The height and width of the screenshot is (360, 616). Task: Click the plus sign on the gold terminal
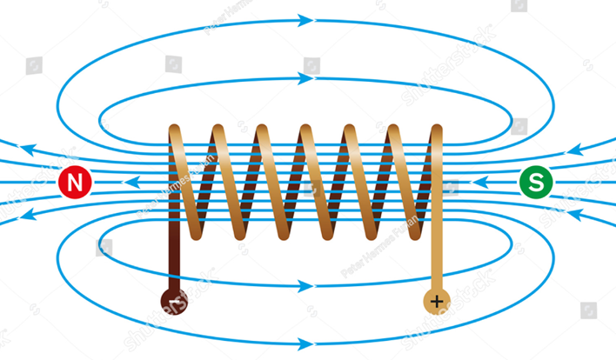436,302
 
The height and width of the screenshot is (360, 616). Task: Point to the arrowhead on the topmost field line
307,18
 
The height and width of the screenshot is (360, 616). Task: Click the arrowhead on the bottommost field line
307,343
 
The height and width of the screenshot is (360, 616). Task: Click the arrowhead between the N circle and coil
131,183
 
